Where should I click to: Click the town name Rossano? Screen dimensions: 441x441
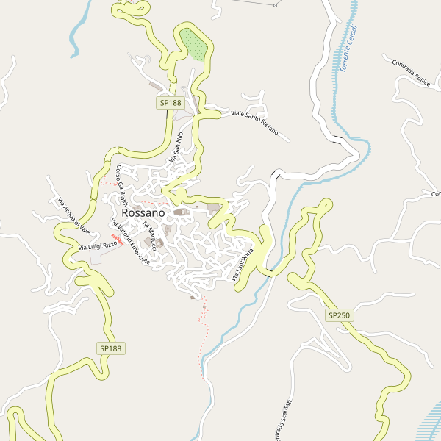[x=143, y=212]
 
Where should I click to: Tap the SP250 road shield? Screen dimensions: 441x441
[x=340, y=315]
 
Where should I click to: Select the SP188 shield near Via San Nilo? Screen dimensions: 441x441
[x=171, y=103]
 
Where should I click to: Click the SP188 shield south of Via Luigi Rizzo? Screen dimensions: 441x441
[x=110, y=347]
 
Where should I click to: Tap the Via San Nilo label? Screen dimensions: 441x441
[x=176, y=146]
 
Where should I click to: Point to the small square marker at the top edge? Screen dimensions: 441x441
[x=275, y=5]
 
